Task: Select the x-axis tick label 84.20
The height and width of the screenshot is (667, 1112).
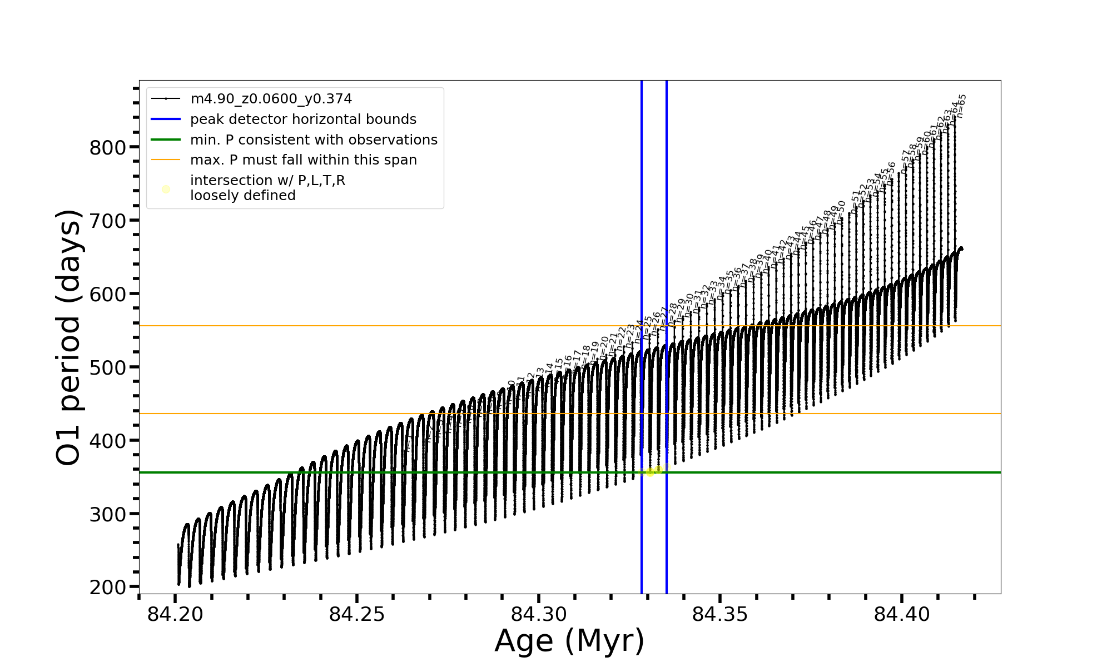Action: tap(175, 614)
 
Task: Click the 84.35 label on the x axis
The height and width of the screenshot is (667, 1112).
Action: tap(720, 614)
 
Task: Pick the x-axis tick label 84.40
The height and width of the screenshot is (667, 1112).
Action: tap(902, 614)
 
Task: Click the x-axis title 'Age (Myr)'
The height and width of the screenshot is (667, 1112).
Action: tap(569, 641)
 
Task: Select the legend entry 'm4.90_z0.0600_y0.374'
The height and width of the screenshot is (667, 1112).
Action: tap(271, 99)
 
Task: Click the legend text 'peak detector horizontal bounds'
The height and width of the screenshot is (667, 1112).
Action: tap(303, 120)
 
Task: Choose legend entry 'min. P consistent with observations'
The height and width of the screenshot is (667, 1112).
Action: tap(314, 140)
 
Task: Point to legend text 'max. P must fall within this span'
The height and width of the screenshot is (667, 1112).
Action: tap(303, 160)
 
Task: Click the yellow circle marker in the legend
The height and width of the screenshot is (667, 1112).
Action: tap(166, 190)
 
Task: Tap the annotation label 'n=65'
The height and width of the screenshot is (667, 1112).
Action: tap(961, 105)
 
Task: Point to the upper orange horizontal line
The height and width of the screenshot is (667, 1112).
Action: tap(389, 326)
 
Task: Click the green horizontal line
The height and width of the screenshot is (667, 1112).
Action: tap(389, 472)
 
